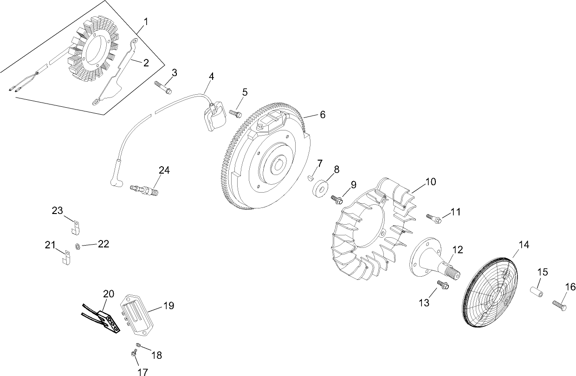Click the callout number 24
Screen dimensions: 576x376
pos(164,170)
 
